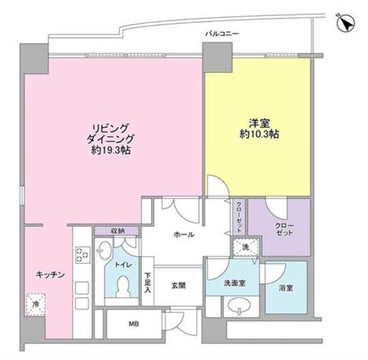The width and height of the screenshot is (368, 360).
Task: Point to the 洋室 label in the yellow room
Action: (258, 123)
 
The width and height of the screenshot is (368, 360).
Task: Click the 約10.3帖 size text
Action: (259, 134)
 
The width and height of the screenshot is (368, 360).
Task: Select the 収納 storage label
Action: (118, 231)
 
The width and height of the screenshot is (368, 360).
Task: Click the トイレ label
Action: (123, 264)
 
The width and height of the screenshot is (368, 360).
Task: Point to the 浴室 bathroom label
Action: (285, 288)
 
